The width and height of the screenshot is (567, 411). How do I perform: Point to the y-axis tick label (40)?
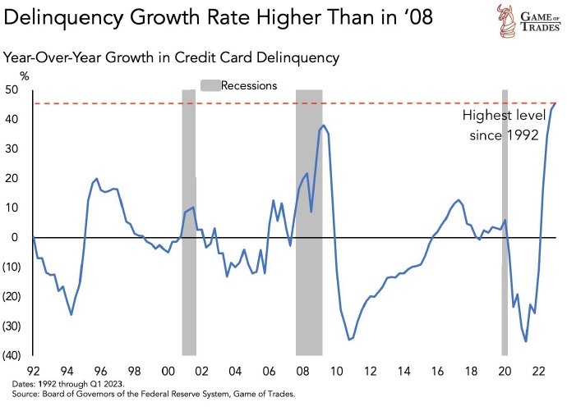12,355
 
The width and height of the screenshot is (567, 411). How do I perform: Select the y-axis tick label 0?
15,237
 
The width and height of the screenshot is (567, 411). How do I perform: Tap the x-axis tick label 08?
302,371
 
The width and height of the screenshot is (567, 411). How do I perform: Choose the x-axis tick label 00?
167,371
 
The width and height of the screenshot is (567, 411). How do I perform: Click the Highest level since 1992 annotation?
503,125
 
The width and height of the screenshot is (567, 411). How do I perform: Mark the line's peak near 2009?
324,126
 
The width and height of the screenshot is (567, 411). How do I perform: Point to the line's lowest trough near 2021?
526,341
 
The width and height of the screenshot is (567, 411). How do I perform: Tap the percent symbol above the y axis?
24,76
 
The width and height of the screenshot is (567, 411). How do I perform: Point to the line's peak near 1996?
97,178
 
